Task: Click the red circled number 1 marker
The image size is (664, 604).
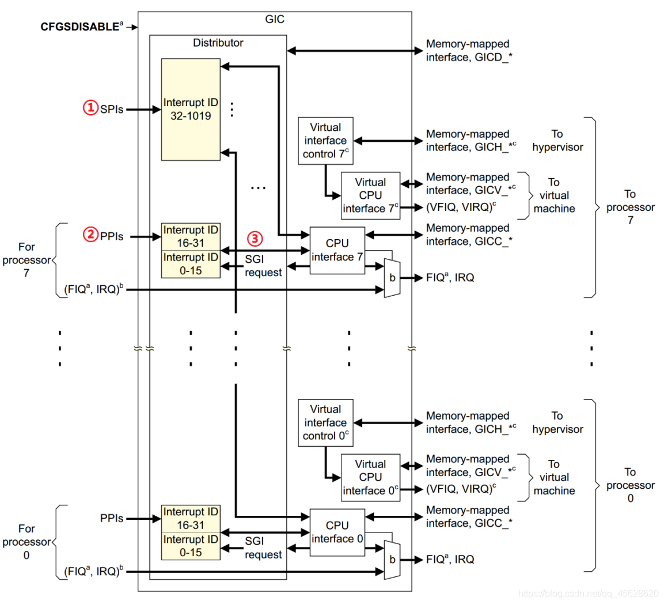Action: tap(90, 108)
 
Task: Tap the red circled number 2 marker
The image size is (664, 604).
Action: tap(90, 235)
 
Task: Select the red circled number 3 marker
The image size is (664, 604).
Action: tap(255, 238)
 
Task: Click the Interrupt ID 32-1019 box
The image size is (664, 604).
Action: tap(191, 109)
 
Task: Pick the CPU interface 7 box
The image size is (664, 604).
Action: tap(337, 250)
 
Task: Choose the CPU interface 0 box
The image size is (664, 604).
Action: tap(337, 532)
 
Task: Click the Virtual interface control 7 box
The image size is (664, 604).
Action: tap(325, 141)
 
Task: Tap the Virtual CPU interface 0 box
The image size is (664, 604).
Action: tap(370, 477)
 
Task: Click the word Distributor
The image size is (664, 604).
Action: tap(218, 43)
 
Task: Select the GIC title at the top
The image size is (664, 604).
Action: tap(275, 19)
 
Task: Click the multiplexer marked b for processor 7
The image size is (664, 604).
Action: tap(392, 278)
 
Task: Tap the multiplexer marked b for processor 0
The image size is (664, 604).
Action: tap(392, 560)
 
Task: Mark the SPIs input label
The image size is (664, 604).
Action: tap(112, 109)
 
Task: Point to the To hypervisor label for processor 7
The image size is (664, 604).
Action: tap(557, 141)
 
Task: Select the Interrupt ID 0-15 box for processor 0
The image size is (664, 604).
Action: tap(191, 546)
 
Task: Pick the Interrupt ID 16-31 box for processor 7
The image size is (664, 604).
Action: tap(191, 236)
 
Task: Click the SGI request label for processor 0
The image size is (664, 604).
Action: tap(263, 548)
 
